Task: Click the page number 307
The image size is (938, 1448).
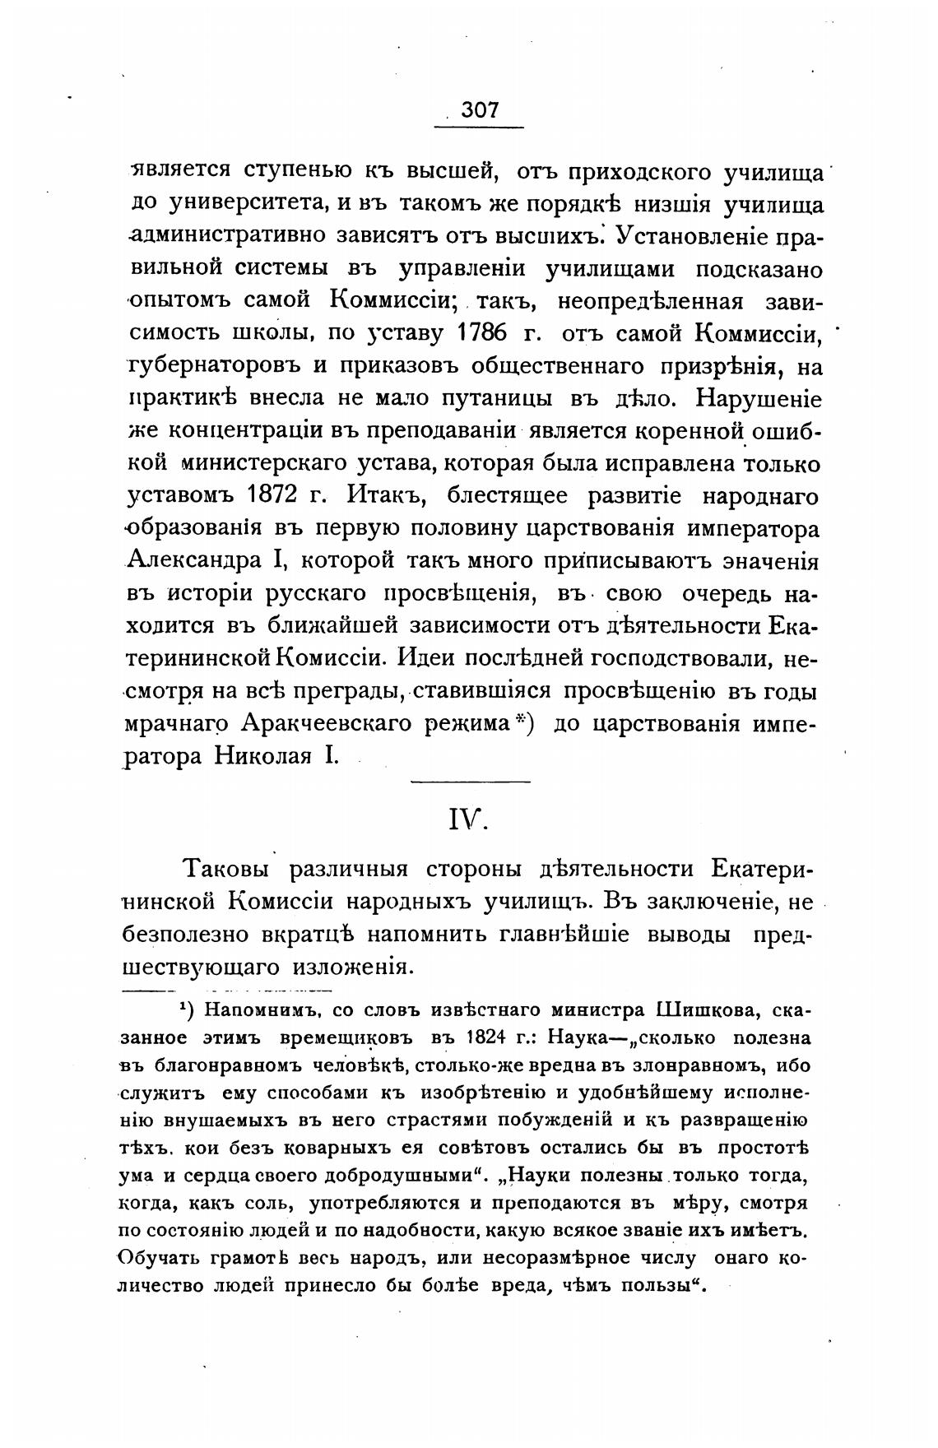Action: [480, 111]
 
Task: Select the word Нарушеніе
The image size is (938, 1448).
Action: [758, 398]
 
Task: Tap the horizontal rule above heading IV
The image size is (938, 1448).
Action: [470, 781]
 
